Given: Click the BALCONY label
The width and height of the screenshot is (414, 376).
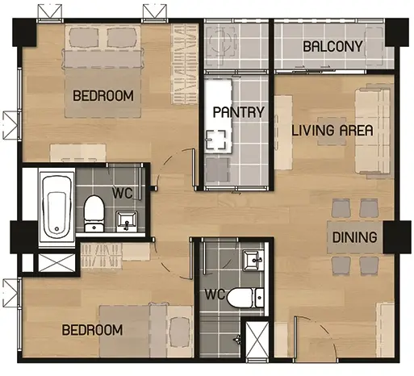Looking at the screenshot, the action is [x=332, y=47].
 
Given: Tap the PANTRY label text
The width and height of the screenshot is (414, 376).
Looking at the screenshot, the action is [x=239, y=112].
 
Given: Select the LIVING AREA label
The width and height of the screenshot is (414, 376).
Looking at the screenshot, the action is [x=332, y=131].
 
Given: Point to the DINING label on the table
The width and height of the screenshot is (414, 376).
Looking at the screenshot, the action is [x=354, y=237].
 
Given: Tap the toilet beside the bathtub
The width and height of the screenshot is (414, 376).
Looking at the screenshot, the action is [x=94, y=214].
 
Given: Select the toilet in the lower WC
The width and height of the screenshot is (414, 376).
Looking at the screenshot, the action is [x=245, y=298].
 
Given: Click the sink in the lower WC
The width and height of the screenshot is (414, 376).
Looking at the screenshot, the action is [x=253, y=261].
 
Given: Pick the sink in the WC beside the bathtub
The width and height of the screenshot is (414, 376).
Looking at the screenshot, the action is [x=127, y=221].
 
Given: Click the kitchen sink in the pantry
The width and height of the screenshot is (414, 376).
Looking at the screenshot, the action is [x=215, y=140].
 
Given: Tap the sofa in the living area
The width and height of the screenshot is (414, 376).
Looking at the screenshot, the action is [x=373, y=131].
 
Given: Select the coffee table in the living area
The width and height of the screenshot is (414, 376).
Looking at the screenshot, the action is [x=332, y=131].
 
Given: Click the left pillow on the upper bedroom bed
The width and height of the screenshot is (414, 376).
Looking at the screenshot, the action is [x=83, y=37].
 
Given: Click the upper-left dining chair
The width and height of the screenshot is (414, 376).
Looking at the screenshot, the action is [x=341, y=208].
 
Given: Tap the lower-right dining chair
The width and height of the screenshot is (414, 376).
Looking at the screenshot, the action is [x=369, y=266].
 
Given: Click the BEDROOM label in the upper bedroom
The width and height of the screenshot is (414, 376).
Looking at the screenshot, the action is [x=103, y=96].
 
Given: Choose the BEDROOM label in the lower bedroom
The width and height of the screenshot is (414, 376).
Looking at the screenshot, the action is [x=92, y=330].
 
